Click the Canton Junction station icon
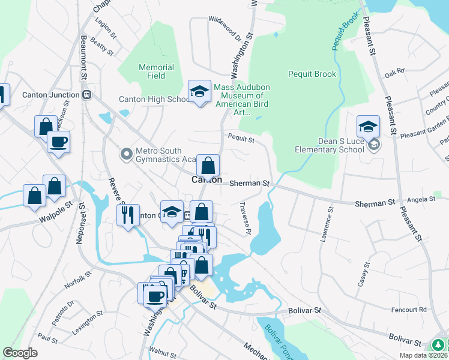tap(87, 94)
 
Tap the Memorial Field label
tap(156, 71)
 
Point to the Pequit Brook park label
tap(312, 74)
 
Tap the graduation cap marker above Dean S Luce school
tap(368, 127)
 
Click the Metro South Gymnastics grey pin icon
tap(127, 155)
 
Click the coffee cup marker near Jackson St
tap(58, 143)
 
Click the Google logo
tap(20, 353)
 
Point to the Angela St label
tap(421, 199)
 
